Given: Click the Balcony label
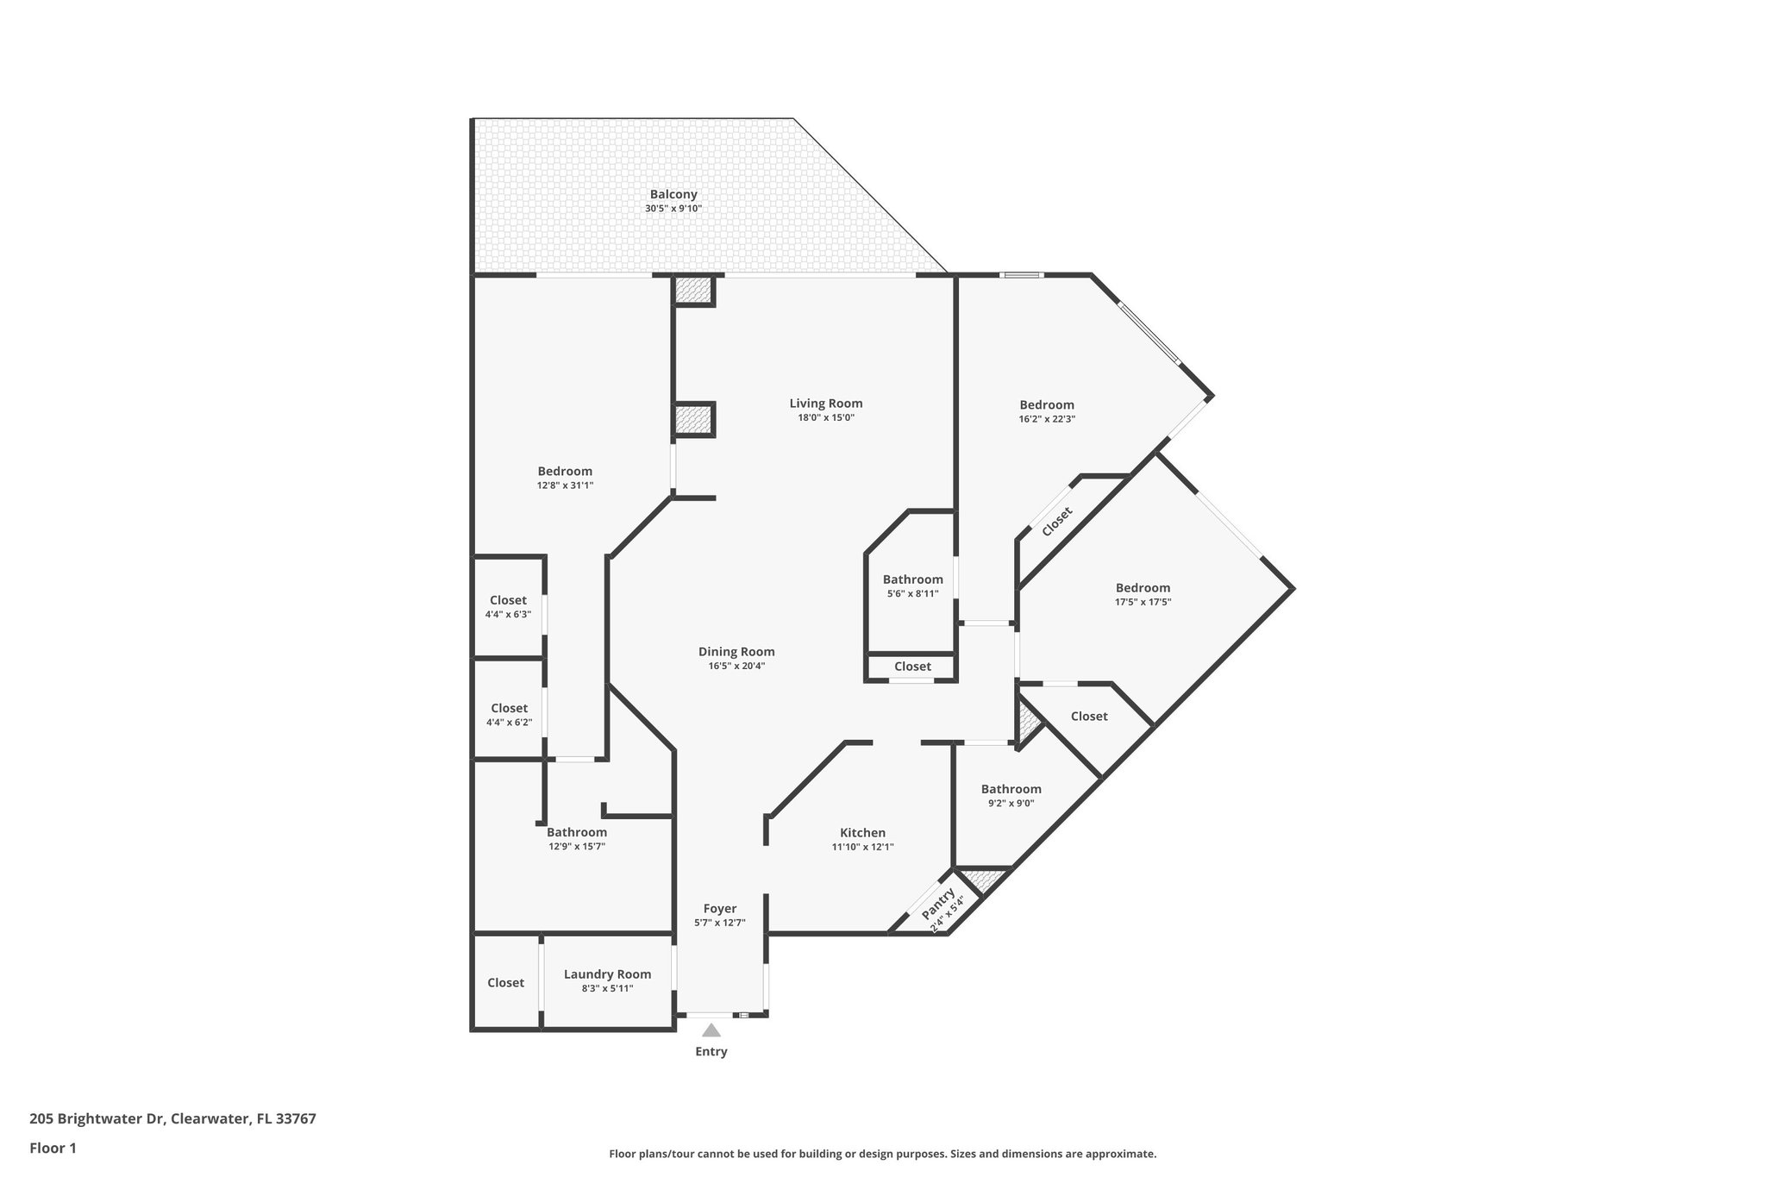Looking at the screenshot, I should point(673,195).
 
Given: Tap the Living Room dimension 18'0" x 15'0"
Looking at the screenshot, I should point(825,417).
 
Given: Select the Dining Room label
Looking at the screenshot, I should point(736,652).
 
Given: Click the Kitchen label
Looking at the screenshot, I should point(862,833).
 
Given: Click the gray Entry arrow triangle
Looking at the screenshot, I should point(711,1030).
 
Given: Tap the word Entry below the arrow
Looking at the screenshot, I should point(711,1051).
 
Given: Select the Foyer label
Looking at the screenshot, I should point(719,909).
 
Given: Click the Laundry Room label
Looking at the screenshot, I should point(607,974).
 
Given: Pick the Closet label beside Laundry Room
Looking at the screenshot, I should point(505,983).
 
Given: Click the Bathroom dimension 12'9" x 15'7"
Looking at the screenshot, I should point(576,847).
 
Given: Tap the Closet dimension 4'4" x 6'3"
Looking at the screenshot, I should point(508,615).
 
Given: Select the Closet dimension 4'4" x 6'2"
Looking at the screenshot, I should point(509,723).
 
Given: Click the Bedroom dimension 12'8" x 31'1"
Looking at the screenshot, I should point(565,485).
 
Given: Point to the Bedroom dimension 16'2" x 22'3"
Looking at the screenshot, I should point(1047,419).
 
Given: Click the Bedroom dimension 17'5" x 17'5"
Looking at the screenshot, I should point(1143,602).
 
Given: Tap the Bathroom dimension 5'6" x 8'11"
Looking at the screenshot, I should point(912,593).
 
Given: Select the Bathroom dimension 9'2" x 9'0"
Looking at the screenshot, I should point(1011,803).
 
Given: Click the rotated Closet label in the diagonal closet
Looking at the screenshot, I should point(1057,522).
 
